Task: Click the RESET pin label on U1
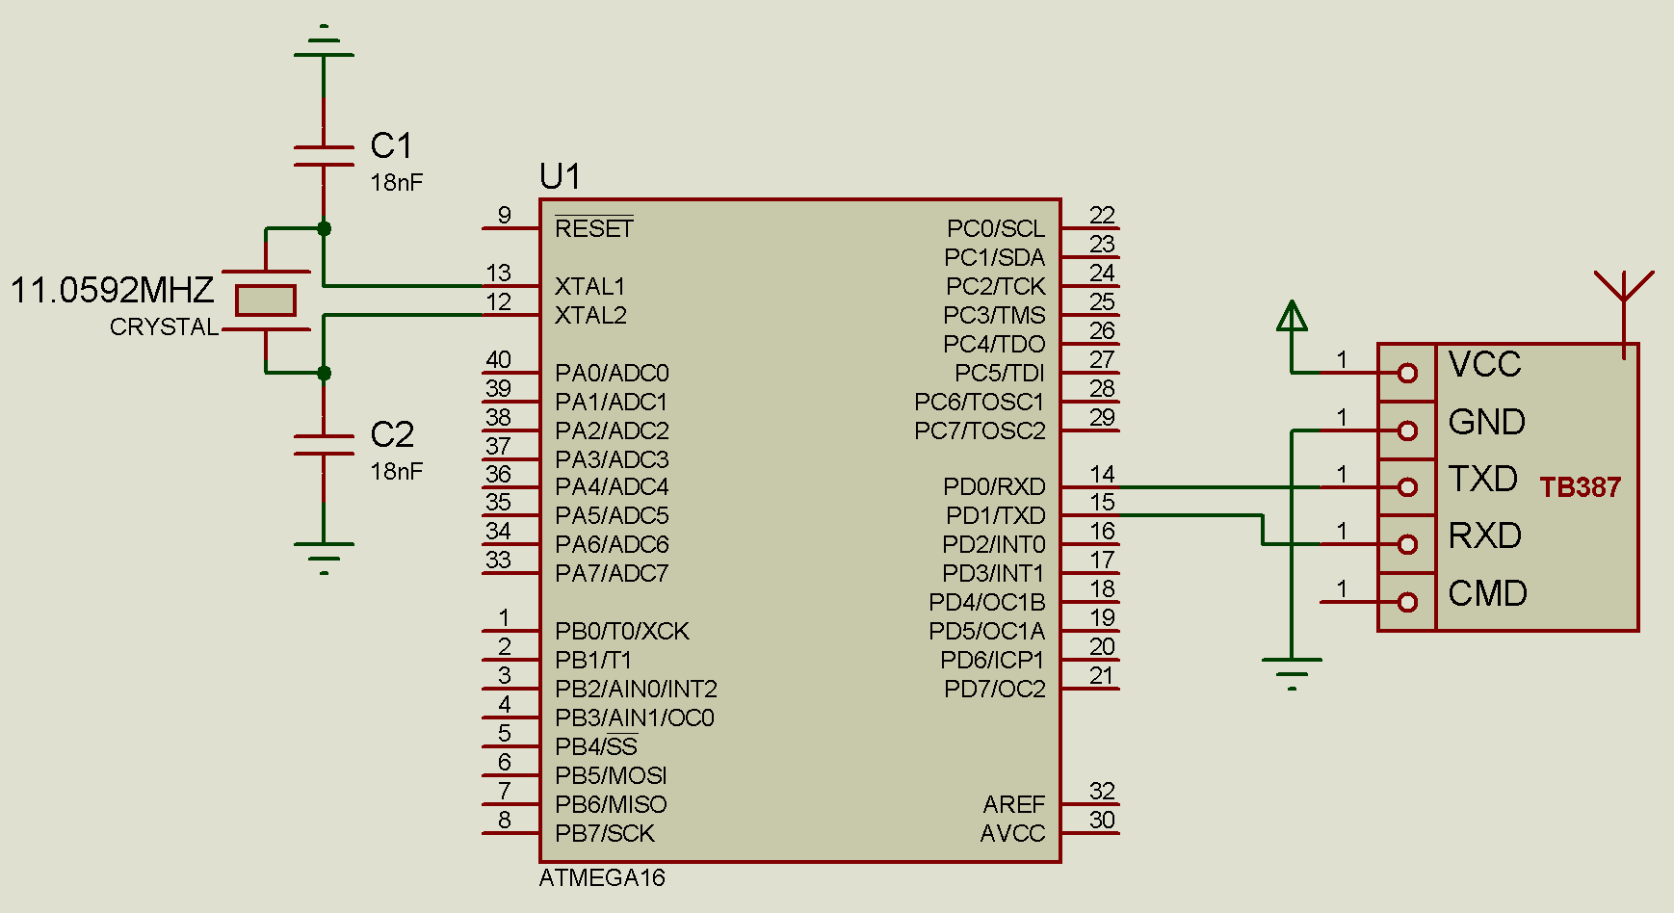594,228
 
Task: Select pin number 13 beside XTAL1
498,273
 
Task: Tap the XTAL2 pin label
590,315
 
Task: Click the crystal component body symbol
266,300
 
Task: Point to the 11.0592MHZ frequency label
112,290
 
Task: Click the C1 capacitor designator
391,145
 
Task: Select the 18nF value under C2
397,471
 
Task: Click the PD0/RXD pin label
994,486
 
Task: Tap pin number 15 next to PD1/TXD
1102,502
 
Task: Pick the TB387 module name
1580,487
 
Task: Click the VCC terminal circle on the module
1407,373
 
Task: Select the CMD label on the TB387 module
1487,593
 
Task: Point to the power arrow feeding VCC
1292,316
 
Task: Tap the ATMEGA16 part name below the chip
602,877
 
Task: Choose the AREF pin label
1013,804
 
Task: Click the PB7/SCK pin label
605,833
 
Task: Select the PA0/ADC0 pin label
612,373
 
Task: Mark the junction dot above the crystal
324,228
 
